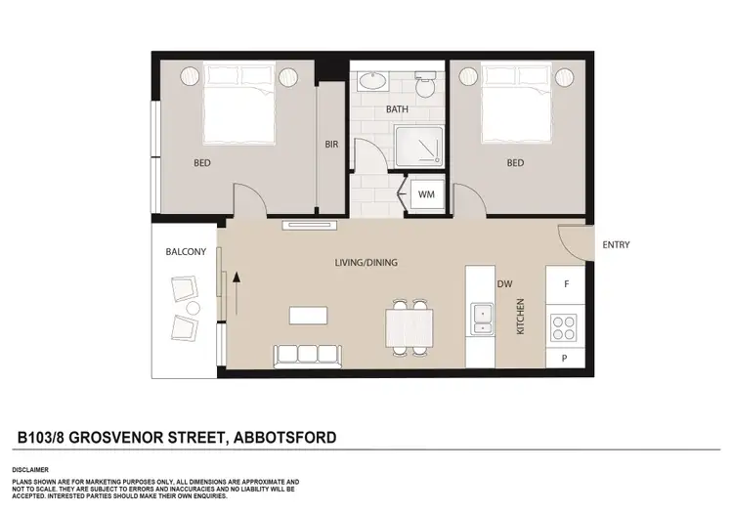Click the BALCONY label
(x=185, y=252)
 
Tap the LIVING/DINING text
(x=366, y=263)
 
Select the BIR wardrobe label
(x=331, y=145)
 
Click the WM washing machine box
(x=426, y=194)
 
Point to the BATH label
(x=397, y=109)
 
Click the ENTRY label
(x=617, y=244)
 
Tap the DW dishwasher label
(x=504, y=284)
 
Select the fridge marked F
(x=567, y=284)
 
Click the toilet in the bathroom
(x=424, y=86)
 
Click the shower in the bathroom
(x=423, y=148)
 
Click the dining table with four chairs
(x=408, y=326)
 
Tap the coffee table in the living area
(x=307, y=315)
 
